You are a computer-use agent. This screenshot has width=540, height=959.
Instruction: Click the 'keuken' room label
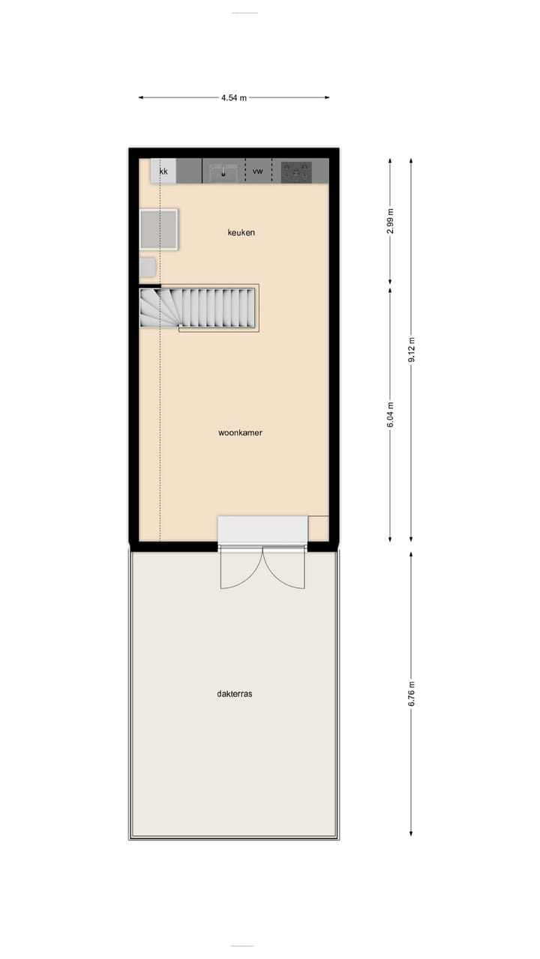point(241,232)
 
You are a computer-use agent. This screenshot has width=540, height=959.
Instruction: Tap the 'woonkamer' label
point(240,432)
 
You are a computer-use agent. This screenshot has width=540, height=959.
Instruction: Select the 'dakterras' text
point(235,694)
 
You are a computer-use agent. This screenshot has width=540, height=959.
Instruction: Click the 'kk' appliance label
point(163,172)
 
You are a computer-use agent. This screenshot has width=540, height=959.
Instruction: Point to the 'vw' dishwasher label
point(258,172)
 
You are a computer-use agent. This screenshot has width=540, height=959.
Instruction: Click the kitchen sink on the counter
point(223,172)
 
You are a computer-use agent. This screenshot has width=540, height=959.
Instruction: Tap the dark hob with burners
point(296,172)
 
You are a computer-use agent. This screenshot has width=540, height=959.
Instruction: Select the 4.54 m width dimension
point(234,97)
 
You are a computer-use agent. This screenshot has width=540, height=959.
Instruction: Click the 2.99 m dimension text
point(390,220)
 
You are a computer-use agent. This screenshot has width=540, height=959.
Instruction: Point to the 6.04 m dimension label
point(390,414)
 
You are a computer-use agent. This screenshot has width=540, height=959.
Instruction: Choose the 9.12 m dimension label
point(411,349)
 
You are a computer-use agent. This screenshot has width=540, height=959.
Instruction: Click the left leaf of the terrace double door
point(240,571)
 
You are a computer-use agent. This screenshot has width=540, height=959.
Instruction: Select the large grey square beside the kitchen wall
point(159,229)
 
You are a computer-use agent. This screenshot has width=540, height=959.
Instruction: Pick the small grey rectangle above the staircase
point(147,267)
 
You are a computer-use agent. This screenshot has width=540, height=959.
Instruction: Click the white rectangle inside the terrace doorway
point(262,529)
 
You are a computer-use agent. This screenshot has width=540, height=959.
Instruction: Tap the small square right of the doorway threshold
point(318,527)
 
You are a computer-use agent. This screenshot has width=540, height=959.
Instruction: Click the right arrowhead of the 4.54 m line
point(326,97)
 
